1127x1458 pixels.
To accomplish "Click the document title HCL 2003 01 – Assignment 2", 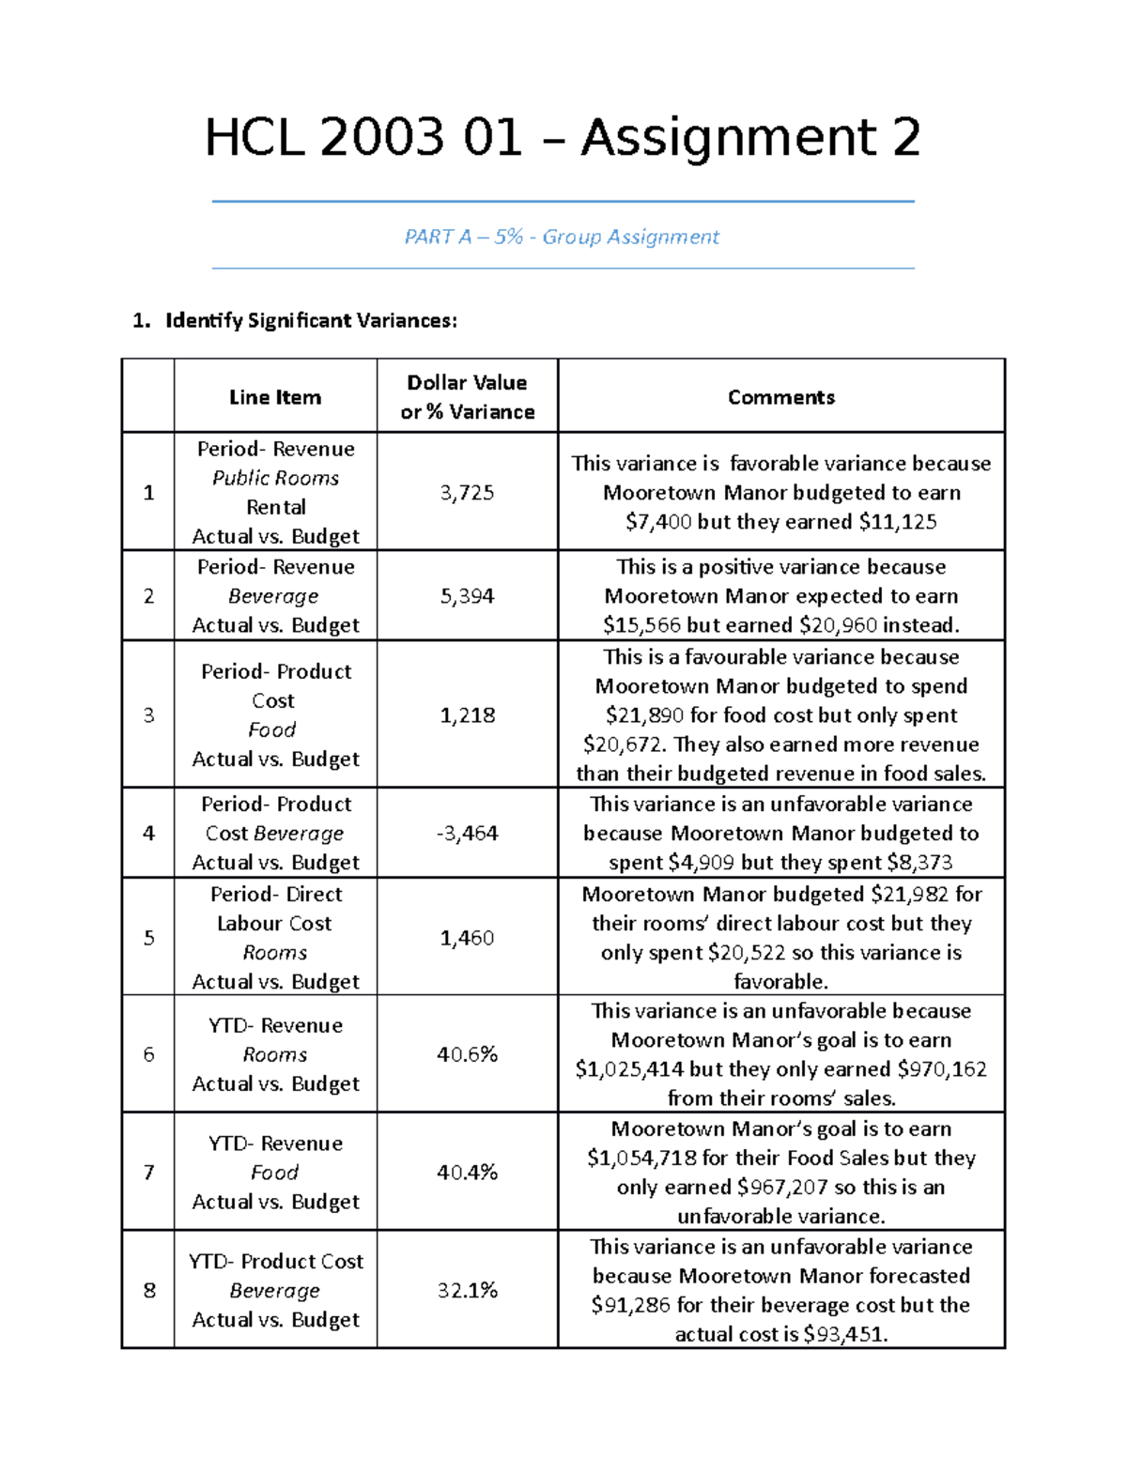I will tap(563, 138).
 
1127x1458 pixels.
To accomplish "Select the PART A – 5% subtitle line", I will tap(562, 237).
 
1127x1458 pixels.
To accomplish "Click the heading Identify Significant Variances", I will tap(310, 321).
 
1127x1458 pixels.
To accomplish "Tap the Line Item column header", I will tap(275, 397).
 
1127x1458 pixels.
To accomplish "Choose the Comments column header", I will tap(781, 397).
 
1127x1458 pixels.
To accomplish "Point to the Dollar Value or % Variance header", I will tap(467, 397).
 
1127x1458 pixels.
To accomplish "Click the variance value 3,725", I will tap(467, 492).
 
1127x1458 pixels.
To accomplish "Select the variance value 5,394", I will tap(467, 596).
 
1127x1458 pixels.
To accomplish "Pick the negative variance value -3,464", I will tap(467, 833).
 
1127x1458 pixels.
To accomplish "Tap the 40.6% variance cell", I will tap(467, 1054).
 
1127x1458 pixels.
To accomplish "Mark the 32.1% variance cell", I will tap(467, 1290).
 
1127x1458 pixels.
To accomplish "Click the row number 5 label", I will tap(148, 938).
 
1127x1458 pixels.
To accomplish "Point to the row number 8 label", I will tap(148, 1290).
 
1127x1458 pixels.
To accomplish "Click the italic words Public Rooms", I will tap(275, 478).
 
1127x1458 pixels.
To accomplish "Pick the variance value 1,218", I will tap(467, 715).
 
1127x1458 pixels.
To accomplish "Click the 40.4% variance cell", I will tap(467, 1173).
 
